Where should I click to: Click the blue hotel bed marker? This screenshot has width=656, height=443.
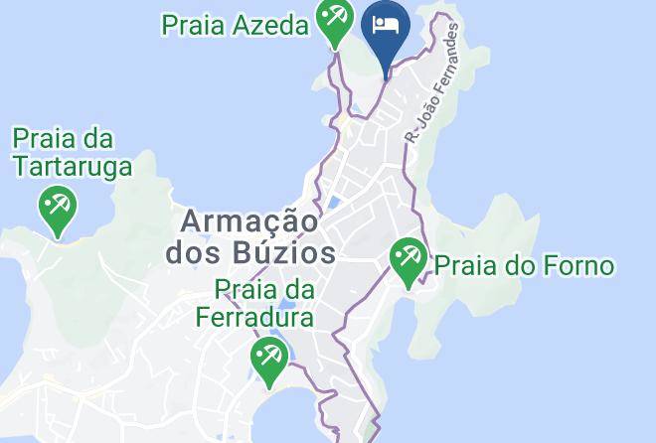point(386,27)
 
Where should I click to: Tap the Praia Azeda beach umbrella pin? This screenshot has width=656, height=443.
point(335,20)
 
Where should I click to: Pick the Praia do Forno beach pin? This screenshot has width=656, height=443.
point(408,260)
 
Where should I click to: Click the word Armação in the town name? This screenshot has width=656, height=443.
point(247,221)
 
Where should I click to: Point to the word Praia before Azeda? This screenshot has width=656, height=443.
point(194,26)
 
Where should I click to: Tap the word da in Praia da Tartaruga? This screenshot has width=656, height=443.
point(101,139)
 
